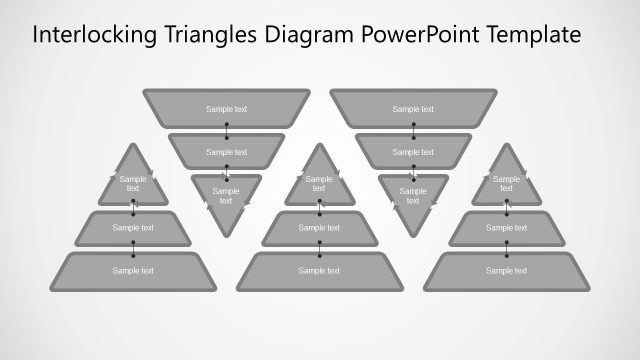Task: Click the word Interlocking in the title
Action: [x=93, y=35]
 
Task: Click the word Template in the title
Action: [x=533, y=35]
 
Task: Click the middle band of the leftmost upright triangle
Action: [x=133, y=228]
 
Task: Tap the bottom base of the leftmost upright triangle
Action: [x=133, y=270]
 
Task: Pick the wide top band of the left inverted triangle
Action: [x=226, y=108]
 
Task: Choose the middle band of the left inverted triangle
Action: [x=226, y=151]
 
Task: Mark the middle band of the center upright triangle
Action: [x=319, y=228]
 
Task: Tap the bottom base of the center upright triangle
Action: [x=319, y=270]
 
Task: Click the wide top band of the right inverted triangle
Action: [x=413, y=108]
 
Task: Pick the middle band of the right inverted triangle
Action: [x=413, y=151]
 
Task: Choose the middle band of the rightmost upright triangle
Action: [x=506, y=228]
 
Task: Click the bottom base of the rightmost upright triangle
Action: [x=506, y=270]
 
